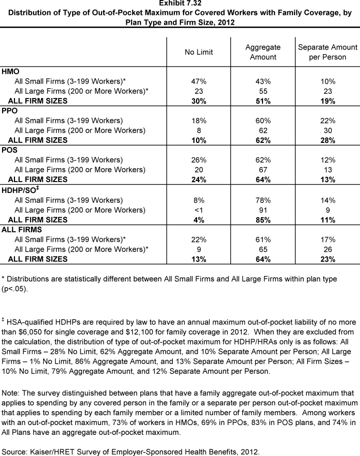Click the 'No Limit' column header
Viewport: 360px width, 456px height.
pyautogui.click(x=199, y=52)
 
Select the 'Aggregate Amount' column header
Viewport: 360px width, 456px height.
pyautogui.click(x=263, y=52)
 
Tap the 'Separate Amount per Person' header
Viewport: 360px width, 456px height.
pyautogui.click(x=328, y=52)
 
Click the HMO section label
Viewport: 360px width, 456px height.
pyautogui.click(x=12, y=72)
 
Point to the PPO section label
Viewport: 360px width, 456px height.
pyautogui.click(x=11, y=111)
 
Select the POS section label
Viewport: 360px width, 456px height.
pyautogui.click(x=11, y=150)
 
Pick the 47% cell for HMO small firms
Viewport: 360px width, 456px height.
pyautogui.click(x=199, y=82)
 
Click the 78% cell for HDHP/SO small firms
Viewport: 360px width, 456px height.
pyautogui.click(x=263, y=199)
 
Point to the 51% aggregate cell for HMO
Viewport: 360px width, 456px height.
pyautogui.click(x=263, y=101)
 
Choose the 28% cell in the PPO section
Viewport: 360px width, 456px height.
pyautogui.click(x=328, y=140)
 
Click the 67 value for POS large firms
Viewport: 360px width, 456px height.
pyautogui.click(x=263, y=170)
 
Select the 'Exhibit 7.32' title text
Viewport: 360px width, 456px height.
pyautogui.click(x=180, y=4)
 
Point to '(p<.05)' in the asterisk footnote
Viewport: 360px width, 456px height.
pyautogui.click(x=15, y=289)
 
